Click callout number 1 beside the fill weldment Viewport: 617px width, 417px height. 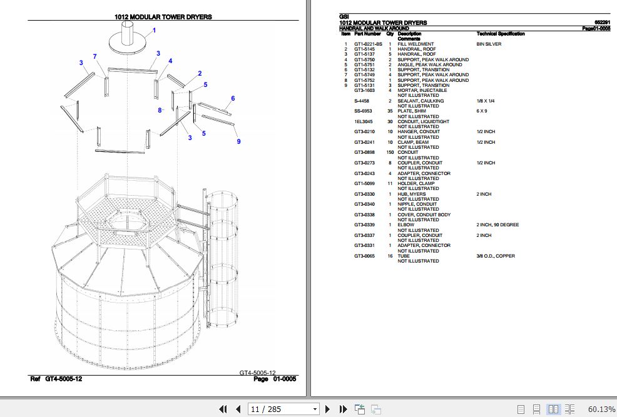[x=154, y=31]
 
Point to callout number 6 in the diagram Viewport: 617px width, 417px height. [x=233, y=98]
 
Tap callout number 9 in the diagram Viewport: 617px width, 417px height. [x=238, y=141]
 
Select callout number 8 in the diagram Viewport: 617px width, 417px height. [x=160, y=111]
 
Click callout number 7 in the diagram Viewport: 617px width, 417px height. [x=95, y=57]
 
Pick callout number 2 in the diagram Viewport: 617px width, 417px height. [x=200, y=74]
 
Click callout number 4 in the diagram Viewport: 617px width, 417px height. [x=170, y=61]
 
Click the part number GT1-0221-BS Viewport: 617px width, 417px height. [x=368, y=44]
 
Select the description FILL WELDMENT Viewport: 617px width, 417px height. [x=416, y=44]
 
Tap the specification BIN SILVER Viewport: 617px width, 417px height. [x=489, y=44]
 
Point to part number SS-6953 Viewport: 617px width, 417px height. [x=363, y=111]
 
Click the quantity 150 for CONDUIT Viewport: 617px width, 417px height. [x=390, y=153]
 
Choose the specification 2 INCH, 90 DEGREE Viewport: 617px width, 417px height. [x=498, y=225]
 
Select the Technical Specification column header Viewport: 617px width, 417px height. [x=501, y=34]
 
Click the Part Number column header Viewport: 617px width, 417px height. [x=367, y=34]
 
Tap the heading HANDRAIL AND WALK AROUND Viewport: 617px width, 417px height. [x=374, y=28]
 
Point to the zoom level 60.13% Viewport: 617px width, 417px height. [x=601, y=409]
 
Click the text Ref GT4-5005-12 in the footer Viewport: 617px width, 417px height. [x=56, y=379]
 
